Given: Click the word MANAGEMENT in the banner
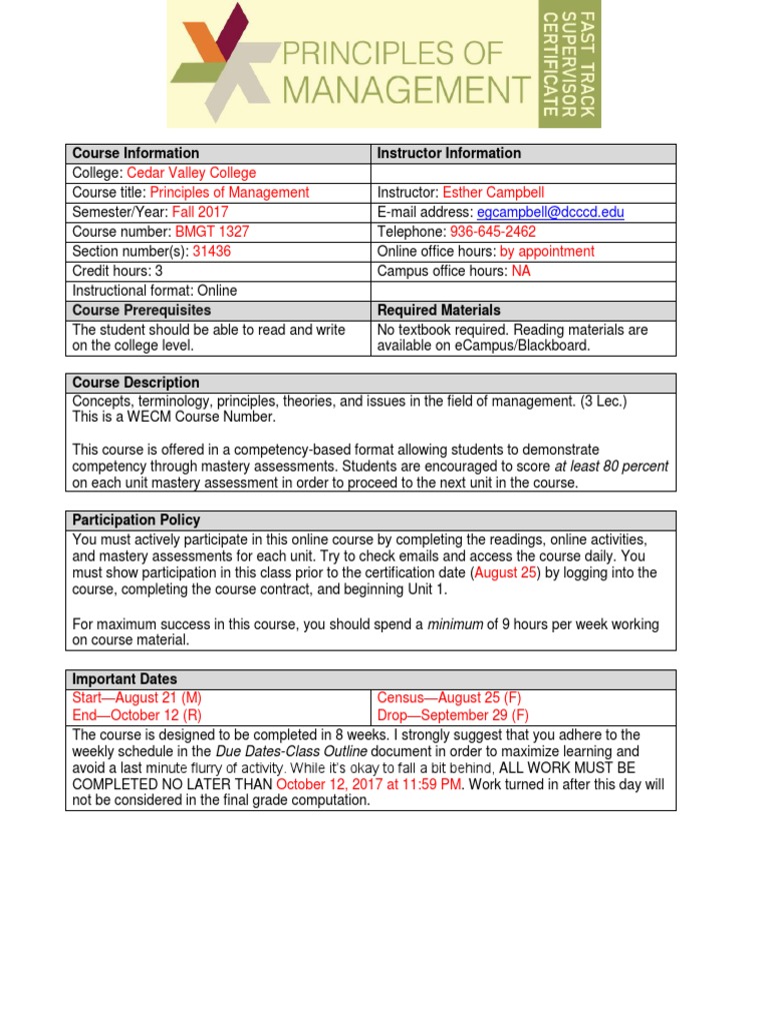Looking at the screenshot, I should point(407,91).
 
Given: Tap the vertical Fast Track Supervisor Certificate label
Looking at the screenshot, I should point(570,64).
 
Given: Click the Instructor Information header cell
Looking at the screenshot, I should point(449,153).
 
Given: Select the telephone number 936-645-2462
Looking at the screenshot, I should point(493,231).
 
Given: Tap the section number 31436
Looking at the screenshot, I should point(211,251).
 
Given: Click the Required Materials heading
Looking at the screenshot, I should point(439,310).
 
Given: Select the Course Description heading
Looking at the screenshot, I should point(136,383).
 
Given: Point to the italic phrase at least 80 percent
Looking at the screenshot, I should point(611,466).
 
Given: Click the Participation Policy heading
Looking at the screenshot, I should point(136,519).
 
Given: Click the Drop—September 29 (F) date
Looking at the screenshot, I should point(453,715).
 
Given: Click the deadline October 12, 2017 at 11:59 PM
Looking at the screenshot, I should point(369,784).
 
